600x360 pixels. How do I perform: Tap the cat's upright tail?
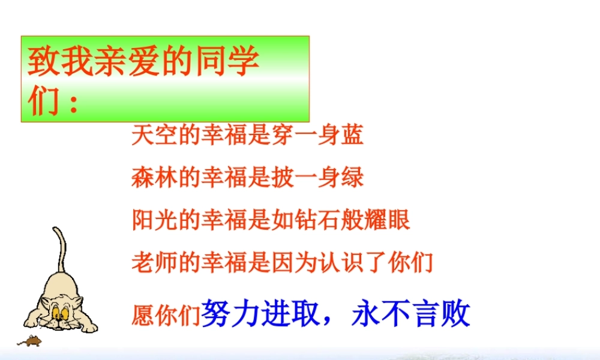point(60,252)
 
